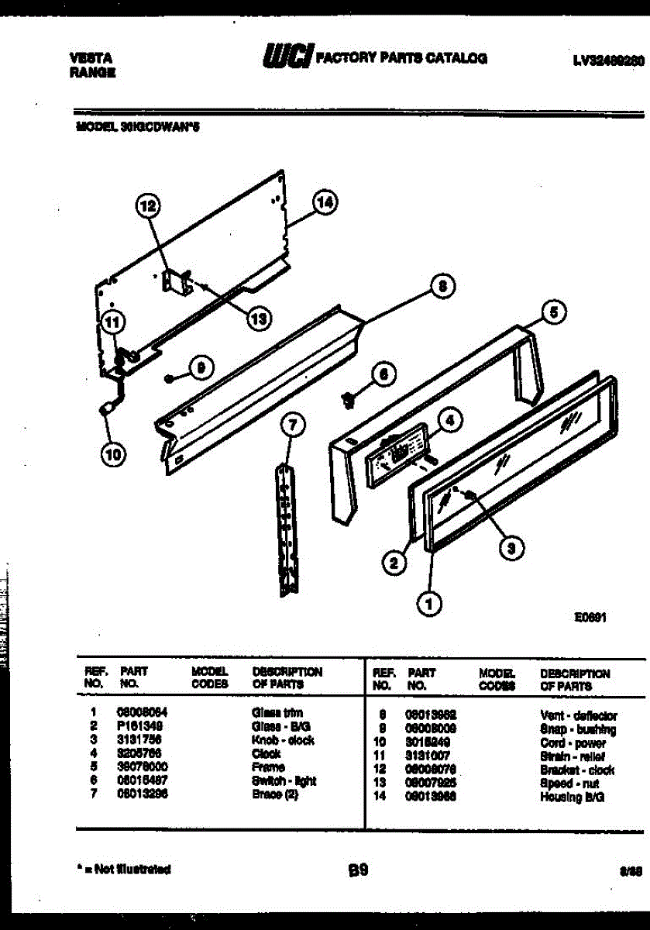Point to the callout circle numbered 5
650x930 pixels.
coord(553,313)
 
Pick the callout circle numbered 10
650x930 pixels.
coord(113,456)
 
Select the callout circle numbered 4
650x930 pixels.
coord(450,421)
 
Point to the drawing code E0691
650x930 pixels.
coord(590,618)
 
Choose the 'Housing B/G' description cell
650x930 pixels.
coord(573,797)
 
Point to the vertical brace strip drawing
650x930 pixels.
coord(288,527)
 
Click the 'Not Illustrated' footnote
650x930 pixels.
coord(124,870)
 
